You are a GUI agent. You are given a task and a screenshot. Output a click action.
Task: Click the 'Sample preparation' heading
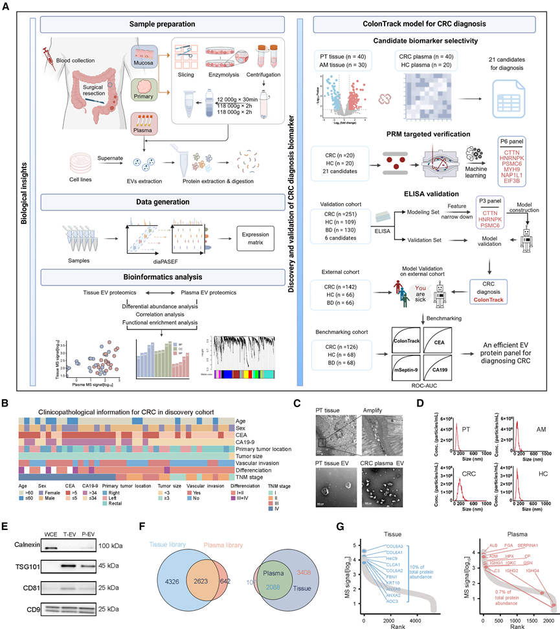[x=162, y=25]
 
